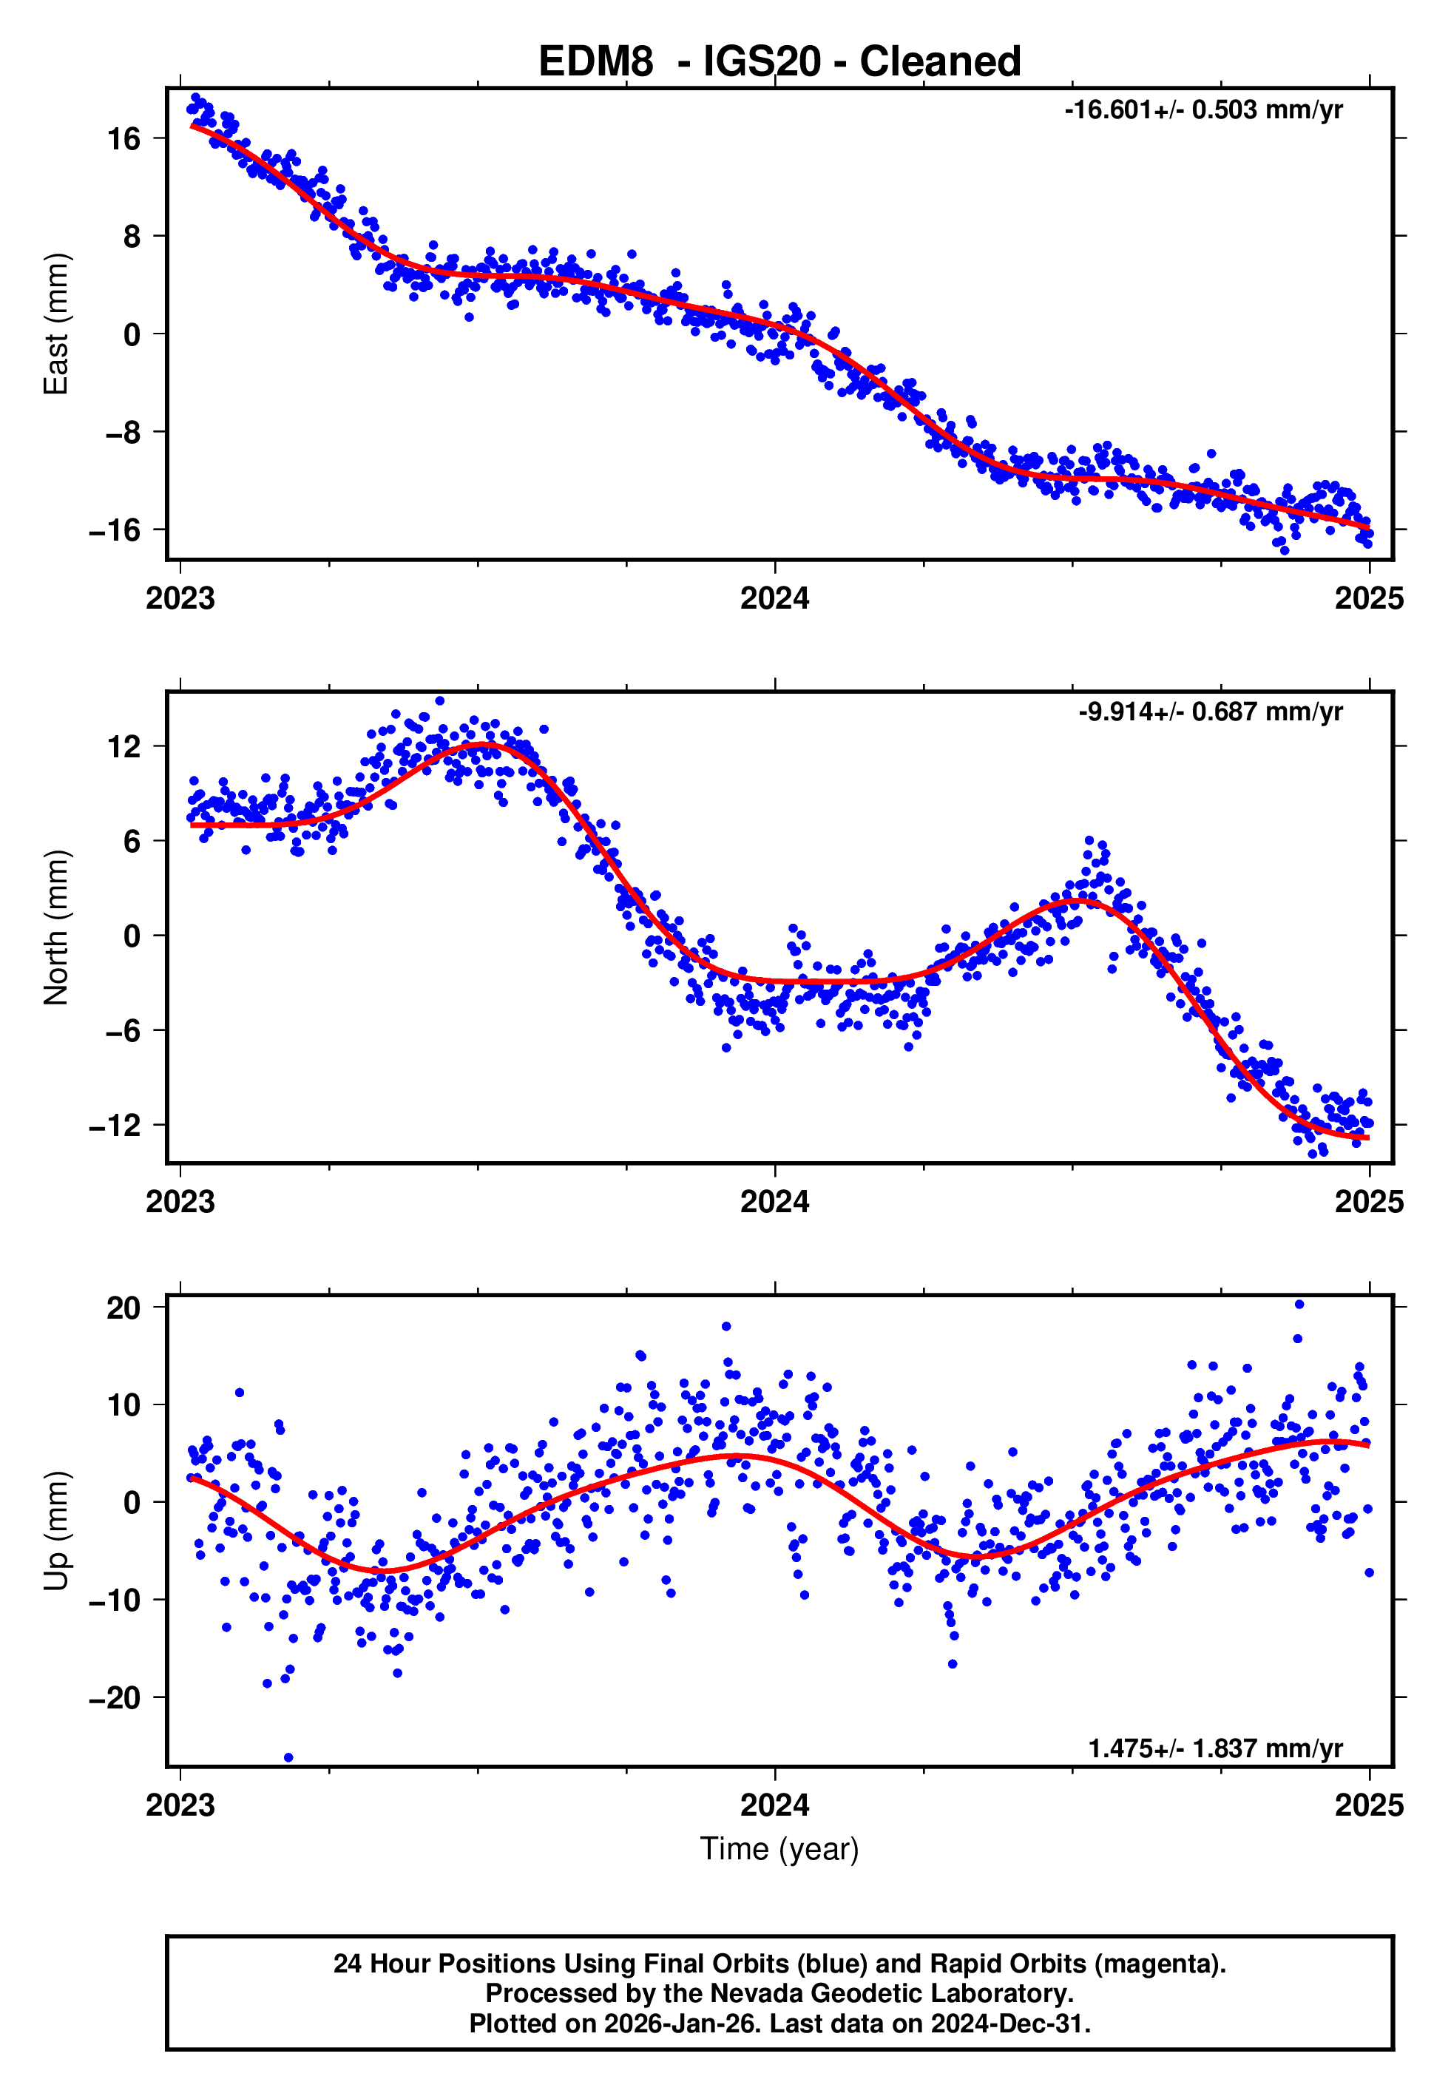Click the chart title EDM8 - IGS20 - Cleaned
tap(779, 62)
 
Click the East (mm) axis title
tap(56, 324)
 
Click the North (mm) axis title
tap(56, 927)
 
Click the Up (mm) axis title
tap(56, 1531)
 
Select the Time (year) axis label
tap(779, 1849)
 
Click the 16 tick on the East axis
tap(124, 139)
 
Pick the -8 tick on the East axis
tap(115, 433)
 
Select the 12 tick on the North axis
tap(124, 747)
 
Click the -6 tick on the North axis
tap(115, 1031)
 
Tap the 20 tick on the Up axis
tap(124, 1308)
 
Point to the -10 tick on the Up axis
tap(115, 1600)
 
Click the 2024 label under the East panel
tap(774, 599)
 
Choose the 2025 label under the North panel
tap(1369, 1203)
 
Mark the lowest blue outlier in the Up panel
tap(288, 1758)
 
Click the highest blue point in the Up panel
tap(1299, 1305)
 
